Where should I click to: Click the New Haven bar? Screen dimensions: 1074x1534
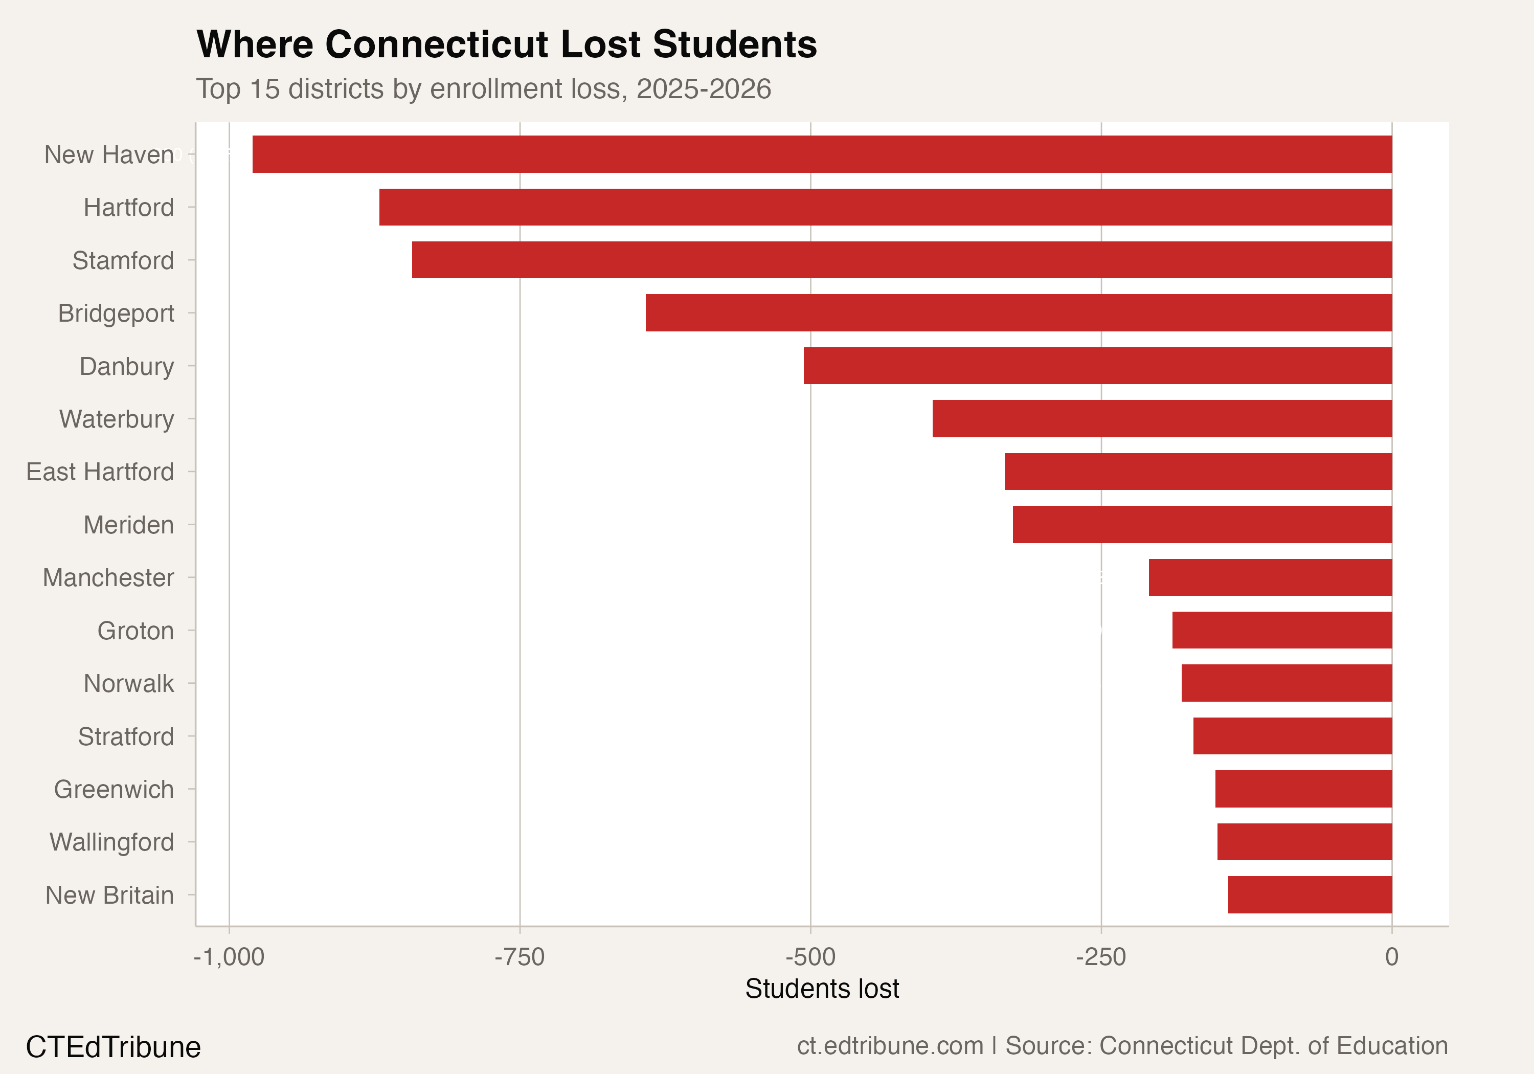click(822, 154)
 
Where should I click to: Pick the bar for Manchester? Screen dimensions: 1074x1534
click(1270, 577)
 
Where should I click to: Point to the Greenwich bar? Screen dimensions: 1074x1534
click(1303, 789)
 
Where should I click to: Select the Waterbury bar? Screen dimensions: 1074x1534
click(1162, 418)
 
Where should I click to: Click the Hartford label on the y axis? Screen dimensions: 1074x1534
click(128, 208)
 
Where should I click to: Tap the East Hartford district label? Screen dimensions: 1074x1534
click(100, 472)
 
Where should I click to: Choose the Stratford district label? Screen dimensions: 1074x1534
click(126, 736)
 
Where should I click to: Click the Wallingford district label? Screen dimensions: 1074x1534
click(111, 842)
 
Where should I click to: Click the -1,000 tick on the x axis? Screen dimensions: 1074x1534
click(229, 957)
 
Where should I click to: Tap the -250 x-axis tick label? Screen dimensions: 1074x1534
click(1100, 957)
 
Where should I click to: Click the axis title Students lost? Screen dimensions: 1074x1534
click(822, 989)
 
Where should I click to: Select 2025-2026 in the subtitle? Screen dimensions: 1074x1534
click(704, 89)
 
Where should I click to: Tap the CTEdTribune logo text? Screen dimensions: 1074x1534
click(113, 1046)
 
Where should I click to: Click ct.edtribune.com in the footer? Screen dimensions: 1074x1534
click(889, 1045)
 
